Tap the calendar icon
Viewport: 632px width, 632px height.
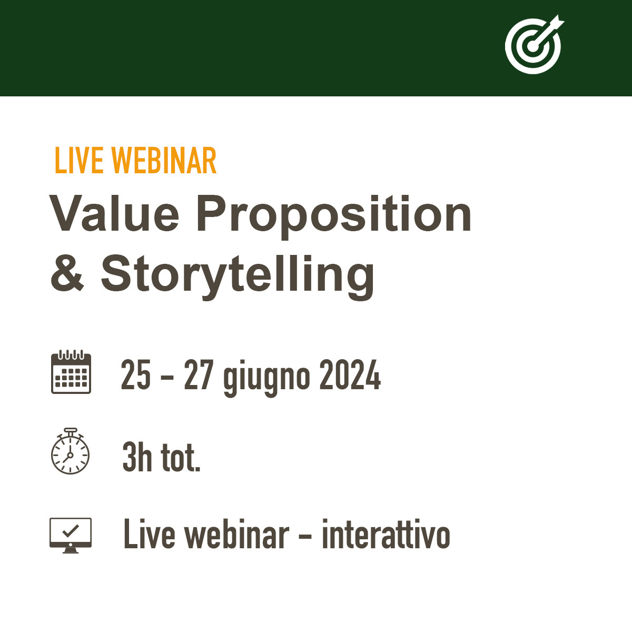point(71,372)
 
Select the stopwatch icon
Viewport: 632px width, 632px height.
point(70,451)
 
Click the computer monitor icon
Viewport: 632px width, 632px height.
point(71,535)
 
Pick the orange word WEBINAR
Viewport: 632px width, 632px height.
point(164,160)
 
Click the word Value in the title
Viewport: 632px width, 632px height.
point(114,213)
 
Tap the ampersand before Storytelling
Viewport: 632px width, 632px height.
point(67,273)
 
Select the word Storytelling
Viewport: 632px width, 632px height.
point(238,277)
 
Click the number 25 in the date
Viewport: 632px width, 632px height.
point(136,374)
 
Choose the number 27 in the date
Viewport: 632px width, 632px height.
point(199,374)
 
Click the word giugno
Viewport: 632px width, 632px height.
point(266,378)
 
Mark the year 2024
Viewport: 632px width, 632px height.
point(350,374)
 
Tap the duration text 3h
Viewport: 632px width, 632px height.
point(137,457)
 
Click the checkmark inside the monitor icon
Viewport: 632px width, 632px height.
point(71,531)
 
